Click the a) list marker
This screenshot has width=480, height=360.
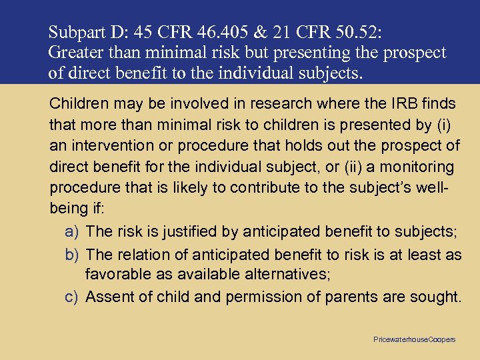click(x=73, y=231)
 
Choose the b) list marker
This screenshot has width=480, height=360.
click(x=73, y=254)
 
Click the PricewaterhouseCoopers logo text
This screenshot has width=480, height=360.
click(x=415, y=339)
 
